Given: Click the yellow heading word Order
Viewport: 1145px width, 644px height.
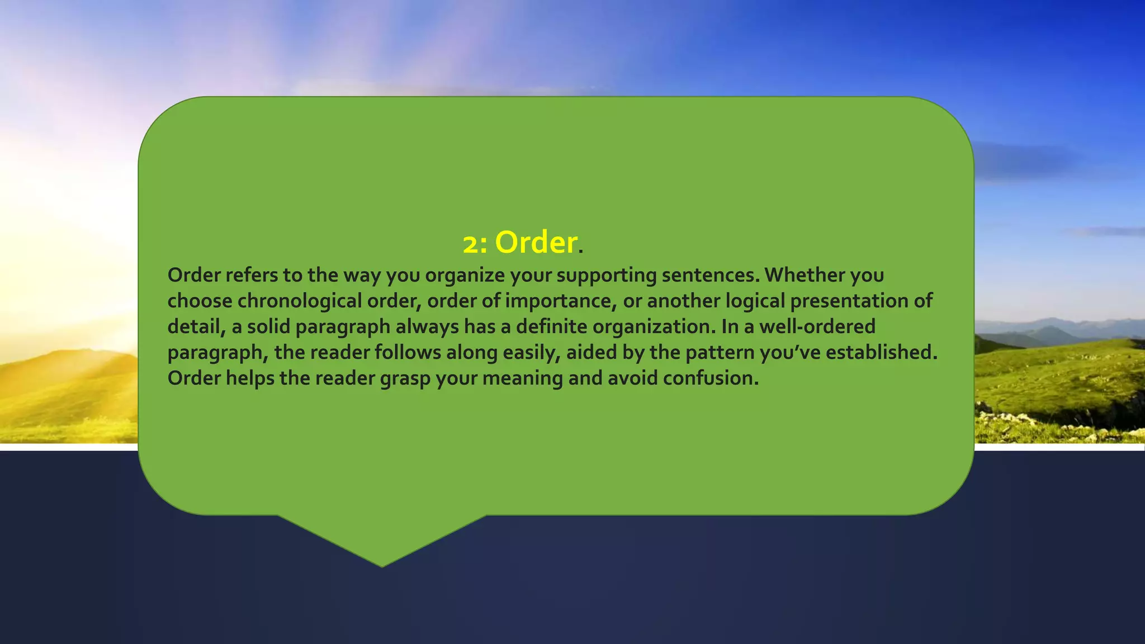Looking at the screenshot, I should (x=536, y=243).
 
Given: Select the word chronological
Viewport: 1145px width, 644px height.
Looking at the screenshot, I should (x=300, y=301).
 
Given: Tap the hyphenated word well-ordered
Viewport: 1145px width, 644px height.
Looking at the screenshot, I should (x=817, y=326).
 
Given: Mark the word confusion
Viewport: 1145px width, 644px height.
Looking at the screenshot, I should (x=711, y=378).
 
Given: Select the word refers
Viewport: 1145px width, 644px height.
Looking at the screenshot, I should (x=252, y=275).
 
